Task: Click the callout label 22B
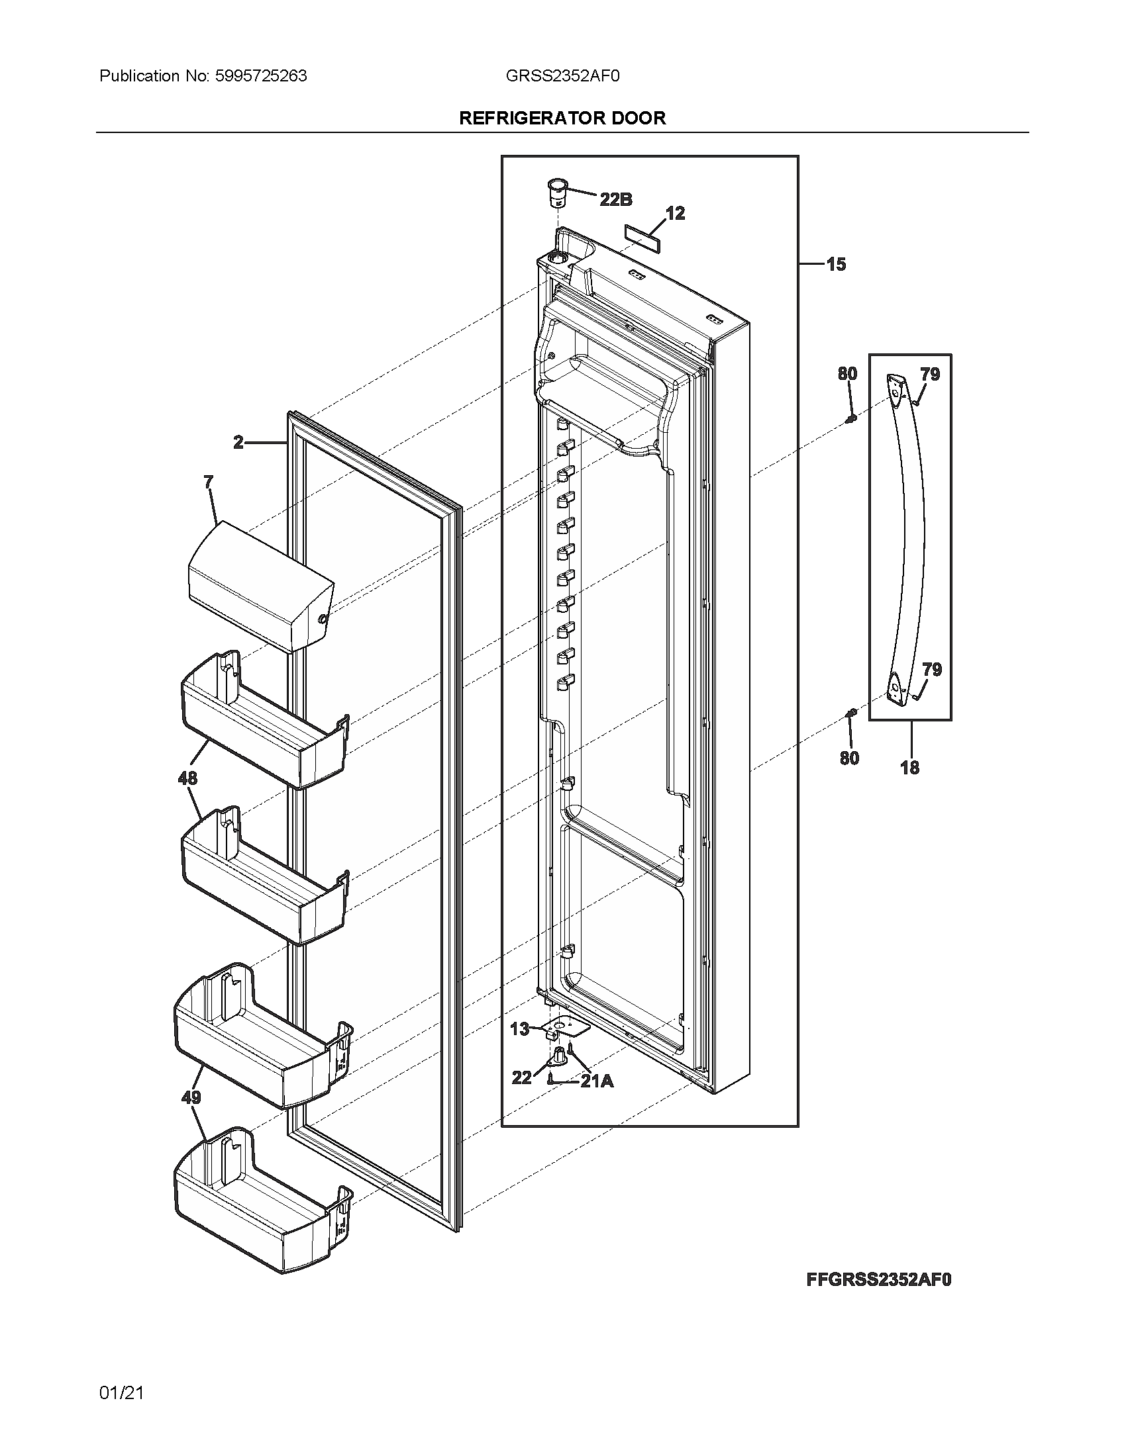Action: pyautogui.click(x=616, y=199)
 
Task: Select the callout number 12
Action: pyautogui.click(x=675, y=213)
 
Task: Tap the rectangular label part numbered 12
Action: pyautogui.click(x=642, y=237)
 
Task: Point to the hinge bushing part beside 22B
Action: pyautogui.click(x=556, y=193)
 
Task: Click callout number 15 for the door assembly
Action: pyautogui.click(x=835, y=265)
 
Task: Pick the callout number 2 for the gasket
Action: pyautogui.click(x=239, y=442)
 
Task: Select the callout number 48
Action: pyautogui.click(x=187, y=778)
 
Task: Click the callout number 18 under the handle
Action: pyautogui.click(x=909, y=767)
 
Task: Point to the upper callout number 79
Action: pyautogui.click(x=930, y=374)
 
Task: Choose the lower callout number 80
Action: pyautogui.click(x=849, y=758)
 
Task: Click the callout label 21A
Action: pyautogui.click(x=596, y=1081)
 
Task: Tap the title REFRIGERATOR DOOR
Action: pyautogui.click(x=562, y=118)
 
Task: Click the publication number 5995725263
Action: pyautogui.click(x=261, y=76)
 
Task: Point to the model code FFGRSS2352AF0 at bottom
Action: pyautogui.click(x=878, y=1279)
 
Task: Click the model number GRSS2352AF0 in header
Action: pyautogui.click(x=562, y=76)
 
